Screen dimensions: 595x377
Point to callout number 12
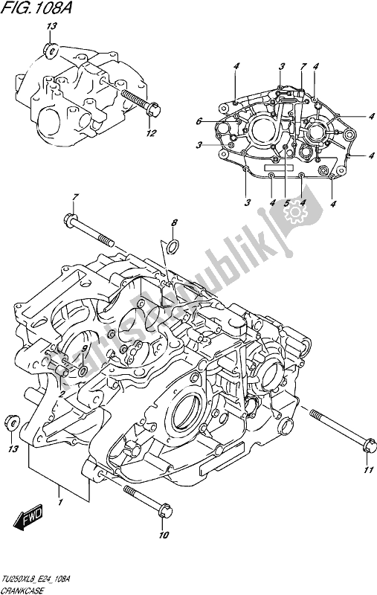click(x=152, y=134)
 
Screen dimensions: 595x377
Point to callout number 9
click(x=85, y=347)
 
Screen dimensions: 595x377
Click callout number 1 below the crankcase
click(x=59, y=491)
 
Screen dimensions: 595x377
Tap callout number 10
click(x=164, y=534)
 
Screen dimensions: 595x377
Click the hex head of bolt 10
click(x=165, y=512)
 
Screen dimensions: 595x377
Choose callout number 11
click(x=366, y=470)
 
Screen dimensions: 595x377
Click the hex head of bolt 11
click(x=364, y=448)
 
